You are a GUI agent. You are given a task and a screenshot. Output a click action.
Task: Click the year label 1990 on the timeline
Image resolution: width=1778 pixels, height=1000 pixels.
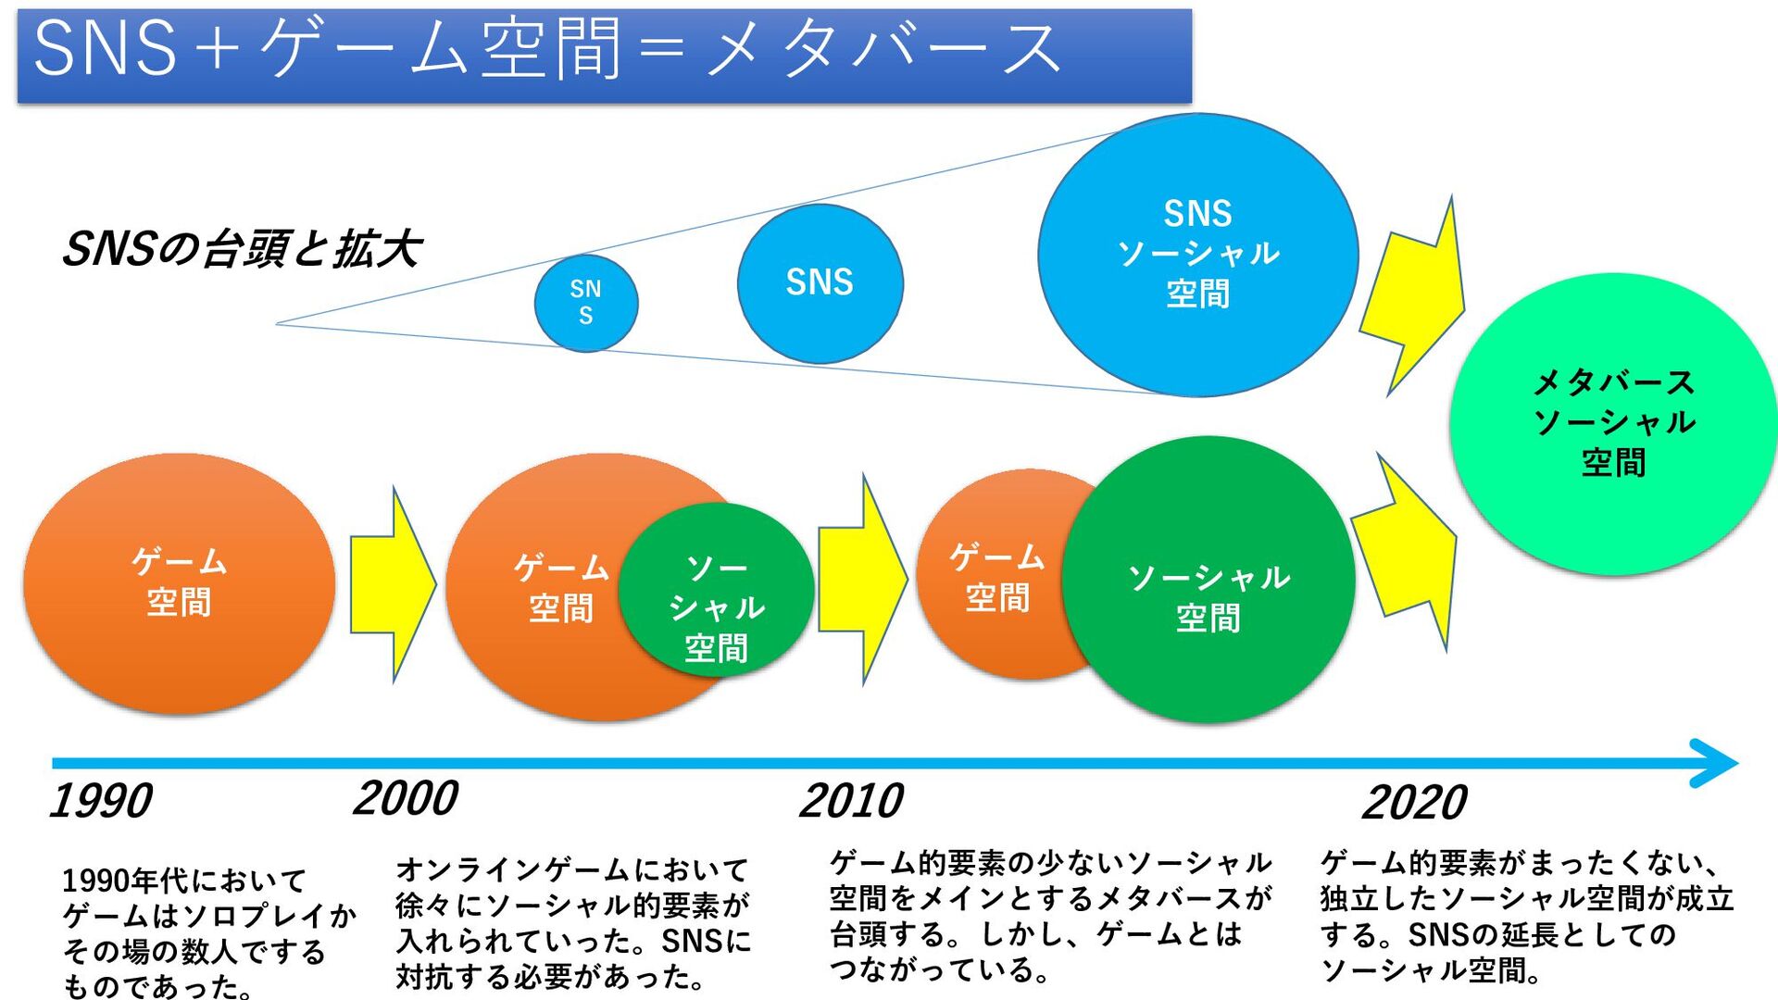coord(101,801)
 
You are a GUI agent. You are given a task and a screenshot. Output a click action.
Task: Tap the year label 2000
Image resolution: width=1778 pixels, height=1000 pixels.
coord(406,798)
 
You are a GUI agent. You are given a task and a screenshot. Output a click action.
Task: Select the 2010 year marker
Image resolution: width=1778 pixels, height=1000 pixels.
coord(851,801)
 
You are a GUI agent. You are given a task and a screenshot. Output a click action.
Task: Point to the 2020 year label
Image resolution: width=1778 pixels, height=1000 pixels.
coord(1414,803)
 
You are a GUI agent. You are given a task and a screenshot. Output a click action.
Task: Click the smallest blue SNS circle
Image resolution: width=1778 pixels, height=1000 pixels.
coord(586,303)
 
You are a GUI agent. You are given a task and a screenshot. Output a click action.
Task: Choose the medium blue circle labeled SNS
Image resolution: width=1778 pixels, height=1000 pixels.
coord(820,282)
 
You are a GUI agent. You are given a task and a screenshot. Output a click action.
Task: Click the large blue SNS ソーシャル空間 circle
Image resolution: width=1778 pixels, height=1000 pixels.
coord(1197,255)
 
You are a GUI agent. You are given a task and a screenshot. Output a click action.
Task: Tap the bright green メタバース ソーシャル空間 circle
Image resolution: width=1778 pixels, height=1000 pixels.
coord(1613,423)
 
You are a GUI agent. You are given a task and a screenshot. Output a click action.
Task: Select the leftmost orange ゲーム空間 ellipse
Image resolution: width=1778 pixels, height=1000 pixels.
coord(179,583)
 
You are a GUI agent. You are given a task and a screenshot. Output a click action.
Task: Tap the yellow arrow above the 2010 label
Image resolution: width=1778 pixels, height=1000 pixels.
coord(861,580)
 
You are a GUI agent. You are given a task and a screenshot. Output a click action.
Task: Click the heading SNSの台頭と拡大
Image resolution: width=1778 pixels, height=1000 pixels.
coord(241,249)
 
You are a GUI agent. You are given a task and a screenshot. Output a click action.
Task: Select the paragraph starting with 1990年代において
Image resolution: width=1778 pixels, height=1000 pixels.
coord(208,931)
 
